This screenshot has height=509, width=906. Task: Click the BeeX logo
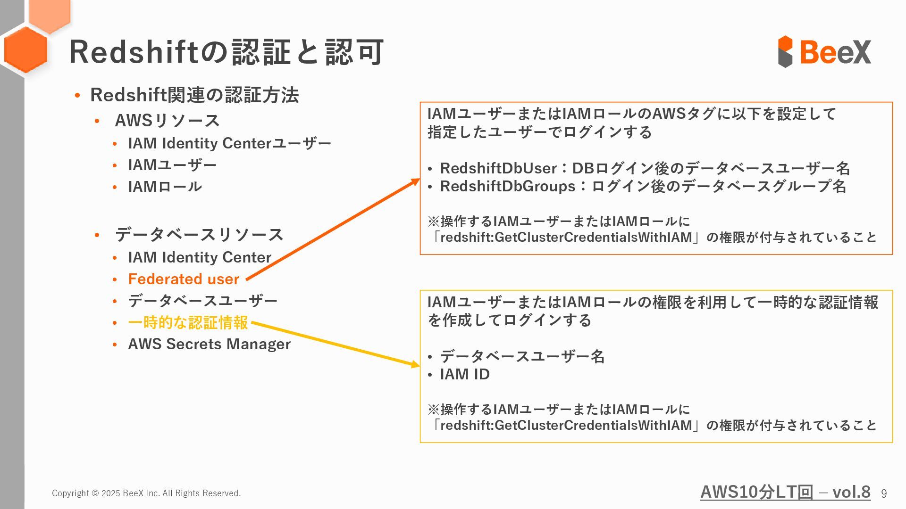pos(824,51)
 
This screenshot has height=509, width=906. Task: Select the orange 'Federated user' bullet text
pos(184,279)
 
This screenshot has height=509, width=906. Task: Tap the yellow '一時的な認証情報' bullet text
pos(188,323)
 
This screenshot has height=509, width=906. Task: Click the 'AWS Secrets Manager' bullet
pos(209,344)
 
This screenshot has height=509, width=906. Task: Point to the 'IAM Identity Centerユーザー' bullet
pos(229,143)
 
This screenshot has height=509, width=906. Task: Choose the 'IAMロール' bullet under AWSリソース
pos(165,187)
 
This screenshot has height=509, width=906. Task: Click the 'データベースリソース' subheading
pos(199,234)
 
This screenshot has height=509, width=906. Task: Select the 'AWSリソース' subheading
pos(167,120)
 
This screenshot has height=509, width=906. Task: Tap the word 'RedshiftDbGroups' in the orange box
pos(507,186)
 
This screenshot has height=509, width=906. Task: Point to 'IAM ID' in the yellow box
pos(465,374)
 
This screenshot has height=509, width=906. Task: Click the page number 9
pos(883,493)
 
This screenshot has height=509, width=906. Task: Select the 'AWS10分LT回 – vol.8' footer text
pos(785,492)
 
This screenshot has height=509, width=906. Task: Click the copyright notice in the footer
pos(146,493)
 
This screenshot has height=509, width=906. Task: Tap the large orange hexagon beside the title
pos(25,50)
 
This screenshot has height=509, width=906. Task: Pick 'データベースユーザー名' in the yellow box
pos(522,356)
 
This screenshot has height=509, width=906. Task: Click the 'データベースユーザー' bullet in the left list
pos(202,301)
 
